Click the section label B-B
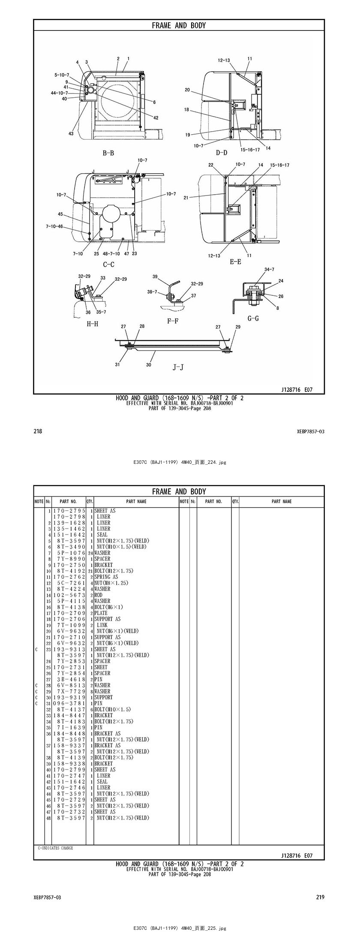pyautogui.click(x=108, y=153)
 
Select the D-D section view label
pyautogui.click(x=221, y=152)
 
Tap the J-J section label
pyautogui.click(x=178, y=367)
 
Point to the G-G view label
pyautogui.click(x=253, y=319)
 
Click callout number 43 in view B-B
pyautogui.click(x=71, y=134)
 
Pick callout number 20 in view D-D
pyautogui.click(x=187, y=90)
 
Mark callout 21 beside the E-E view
pyautogui.click(x=186, y=198)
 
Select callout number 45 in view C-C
pyautogui.click(x=60, y=214)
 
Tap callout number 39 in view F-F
pyautogui.click(x=155, y=277)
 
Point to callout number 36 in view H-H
pyautogui.click(x=88, y=313)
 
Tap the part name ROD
pyautogui.click(x=99, y=595)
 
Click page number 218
pyautogui.click(x=38, y=431)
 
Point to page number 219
pyautogui.click(x=320, y=897)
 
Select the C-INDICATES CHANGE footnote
pyautogui.click(x=55, y=848)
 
